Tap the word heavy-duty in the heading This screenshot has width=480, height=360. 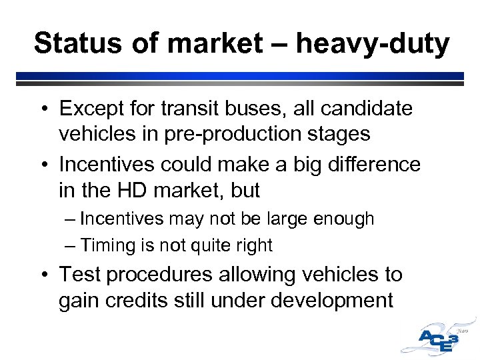point(373,45)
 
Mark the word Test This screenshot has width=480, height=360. point(81,275)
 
